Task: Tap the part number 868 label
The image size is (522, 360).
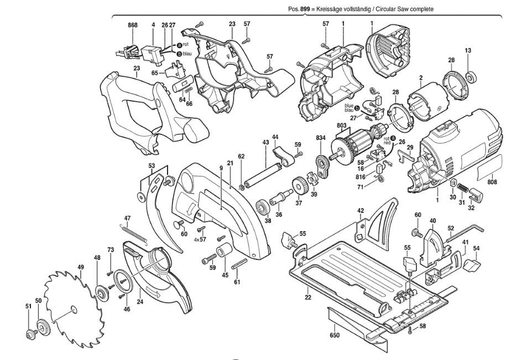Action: coord(132,25)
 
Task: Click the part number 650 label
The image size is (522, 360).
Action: coord(335,335)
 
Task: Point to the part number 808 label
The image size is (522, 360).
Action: coord(493,181)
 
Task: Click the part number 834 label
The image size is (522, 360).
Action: coord(321,137)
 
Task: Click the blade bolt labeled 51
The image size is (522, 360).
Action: coord(30,333)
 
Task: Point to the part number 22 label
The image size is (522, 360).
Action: coord(308,298)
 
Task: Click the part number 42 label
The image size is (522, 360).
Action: coord(361,211)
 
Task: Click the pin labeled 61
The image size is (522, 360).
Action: coord(239,264)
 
